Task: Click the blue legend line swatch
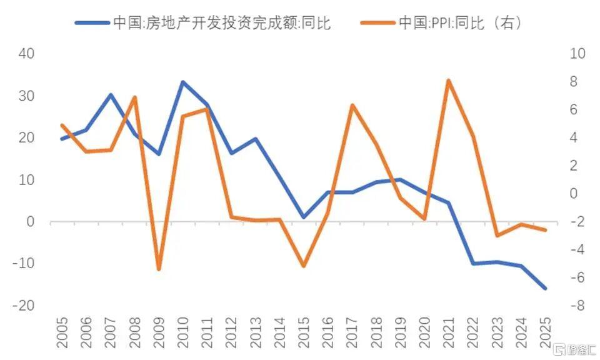92,23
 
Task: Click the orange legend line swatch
377,23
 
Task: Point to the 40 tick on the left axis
26,54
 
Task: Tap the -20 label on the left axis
23,305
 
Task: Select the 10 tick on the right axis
577,54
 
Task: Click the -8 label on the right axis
577,305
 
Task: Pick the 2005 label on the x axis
62,332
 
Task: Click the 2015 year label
304,332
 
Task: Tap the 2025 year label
545,332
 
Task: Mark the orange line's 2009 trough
159,269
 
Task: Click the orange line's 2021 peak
449,81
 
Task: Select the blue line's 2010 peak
183,82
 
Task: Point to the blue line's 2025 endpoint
545,288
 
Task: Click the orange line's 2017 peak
352,105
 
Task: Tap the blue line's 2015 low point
304,217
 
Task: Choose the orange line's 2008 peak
135,97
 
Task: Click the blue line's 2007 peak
111,94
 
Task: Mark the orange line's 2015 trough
304,266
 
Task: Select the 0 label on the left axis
30,221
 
